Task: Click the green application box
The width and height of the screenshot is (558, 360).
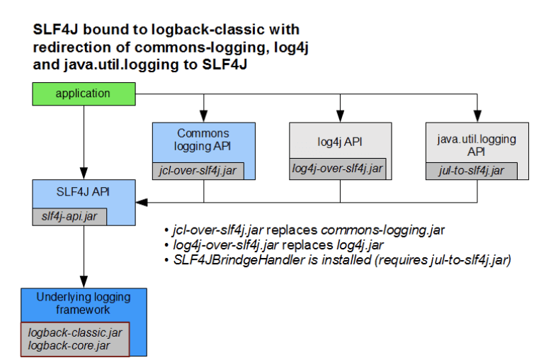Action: point(84,93)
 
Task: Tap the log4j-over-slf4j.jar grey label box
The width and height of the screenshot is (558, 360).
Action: point(338,168)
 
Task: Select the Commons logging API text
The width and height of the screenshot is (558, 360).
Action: point(203,139)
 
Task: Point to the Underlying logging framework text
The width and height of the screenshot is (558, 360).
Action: point(84,303)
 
